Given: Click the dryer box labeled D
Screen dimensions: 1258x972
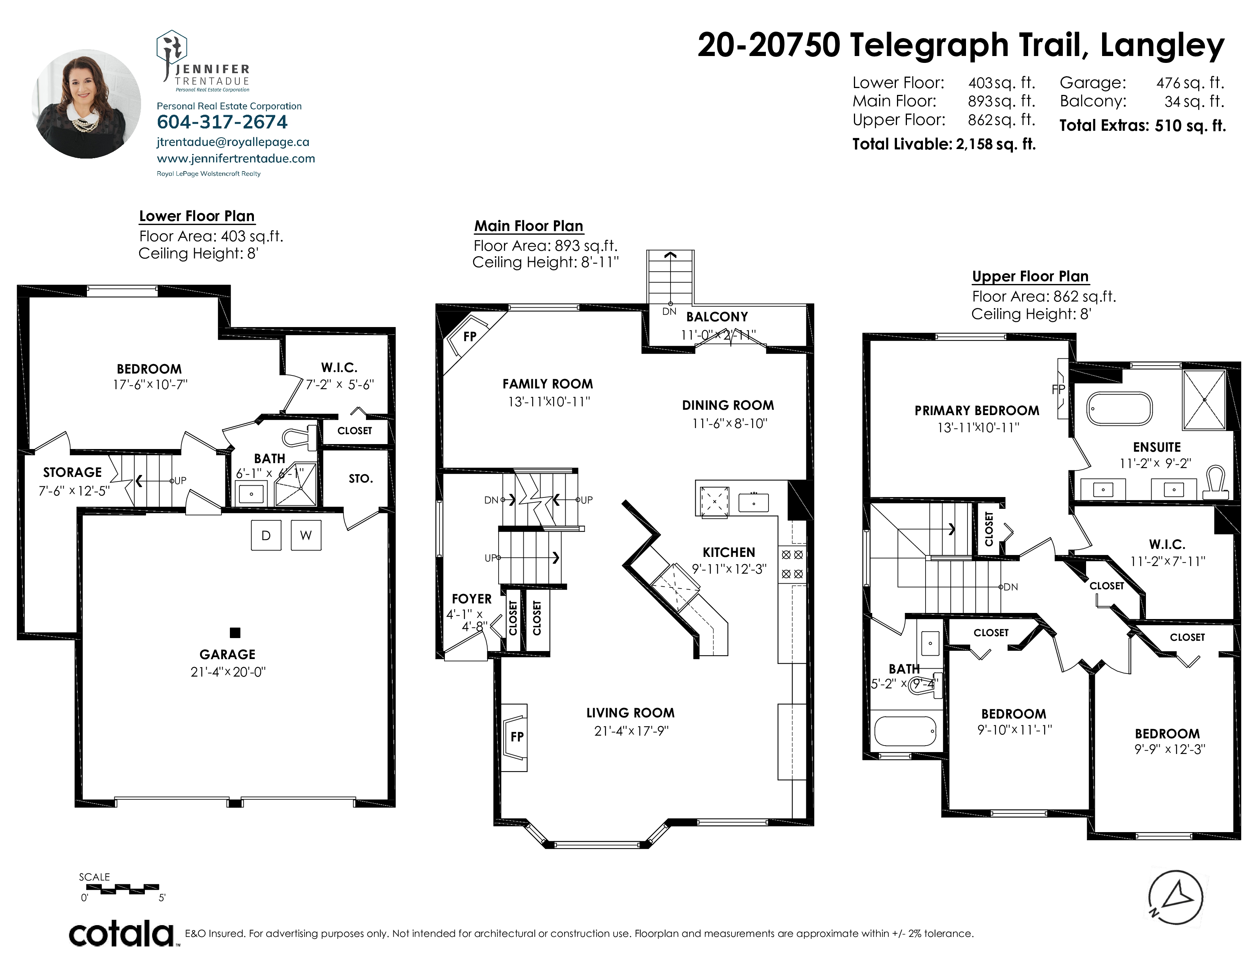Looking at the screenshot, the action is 266,535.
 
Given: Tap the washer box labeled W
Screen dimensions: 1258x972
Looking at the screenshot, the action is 306,535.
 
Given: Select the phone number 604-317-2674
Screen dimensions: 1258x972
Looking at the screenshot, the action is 222,122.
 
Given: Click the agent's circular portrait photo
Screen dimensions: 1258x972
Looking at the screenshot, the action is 87,104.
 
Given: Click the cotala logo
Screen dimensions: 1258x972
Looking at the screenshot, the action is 122,934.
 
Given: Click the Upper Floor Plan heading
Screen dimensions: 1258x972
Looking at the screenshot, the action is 1030,276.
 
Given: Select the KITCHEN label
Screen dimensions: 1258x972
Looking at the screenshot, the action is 728,552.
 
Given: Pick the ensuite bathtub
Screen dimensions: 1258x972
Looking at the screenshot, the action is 1119,409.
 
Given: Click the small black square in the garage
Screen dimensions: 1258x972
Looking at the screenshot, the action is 235,633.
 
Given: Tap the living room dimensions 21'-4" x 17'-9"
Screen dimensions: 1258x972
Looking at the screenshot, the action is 631,731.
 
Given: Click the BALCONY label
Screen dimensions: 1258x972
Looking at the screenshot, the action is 717,317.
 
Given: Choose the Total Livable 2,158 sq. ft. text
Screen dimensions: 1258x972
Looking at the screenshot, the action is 944,144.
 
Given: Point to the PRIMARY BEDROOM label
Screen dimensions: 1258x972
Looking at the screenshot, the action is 977,411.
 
